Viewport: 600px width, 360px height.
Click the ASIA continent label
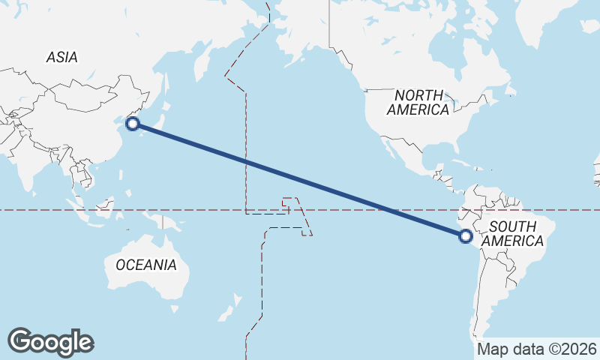[x=61, y=57]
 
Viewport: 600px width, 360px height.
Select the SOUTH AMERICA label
[x=512, y=233]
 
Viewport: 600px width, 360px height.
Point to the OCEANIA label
[x=146, y=265]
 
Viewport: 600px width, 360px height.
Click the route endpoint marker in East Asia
[x=133, y=124]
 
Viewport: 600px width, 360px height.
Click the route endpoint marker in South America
[x=466, y=236]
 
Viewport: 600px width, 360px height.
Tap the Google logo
[x=50, y=341]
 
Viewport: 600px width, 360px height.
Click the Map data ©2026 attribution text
[x=537, y=349]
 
